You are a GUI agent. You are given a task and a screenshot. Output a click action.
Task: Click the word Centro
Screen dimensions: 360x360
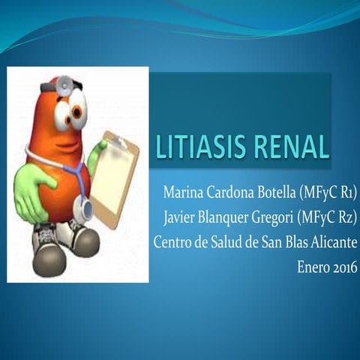(172, 243)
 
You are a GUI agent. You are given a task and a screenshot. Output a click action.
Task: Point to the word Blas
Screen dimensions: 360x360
(294, 243)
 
